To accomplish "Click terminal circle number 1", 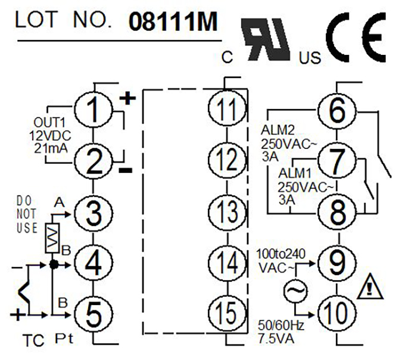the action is tap(93, 110).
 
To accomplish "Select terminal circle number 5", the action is tap(93, 314).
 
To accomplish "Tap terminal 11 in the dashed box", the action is tap(227, 108).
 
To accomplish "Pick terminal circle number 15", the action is tap(227, 313).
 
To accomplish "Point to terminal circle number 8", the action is tap(337, 212).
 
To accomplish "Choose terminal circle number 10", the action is tap(337, 314).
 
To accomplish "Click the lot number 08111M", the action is tap(173, 21).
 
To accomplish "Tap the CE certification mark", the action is tap(356, 38).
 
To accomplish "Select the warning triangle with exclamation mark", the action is tap(370, 287).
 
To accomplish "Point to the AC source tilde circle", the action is tap(295, 291).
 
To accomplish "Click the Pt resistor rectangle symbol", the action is tap(52, 238).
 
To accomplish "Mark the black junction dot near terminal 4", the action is tap(54, 265).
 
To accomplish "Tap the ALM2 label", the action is tap(278, 131).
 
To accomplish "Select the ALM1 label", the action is tap(295, 173).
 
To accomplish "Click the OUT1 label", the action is tap(49, 122).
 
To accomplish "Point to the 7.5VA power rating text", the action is tap(276, 339).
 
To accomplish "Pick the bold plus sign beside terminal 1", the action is tap(127, 98).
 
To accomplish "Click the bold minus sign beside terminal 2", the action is tap(126, 170).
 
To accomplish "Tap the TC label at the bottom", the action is tap(33, 340).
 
